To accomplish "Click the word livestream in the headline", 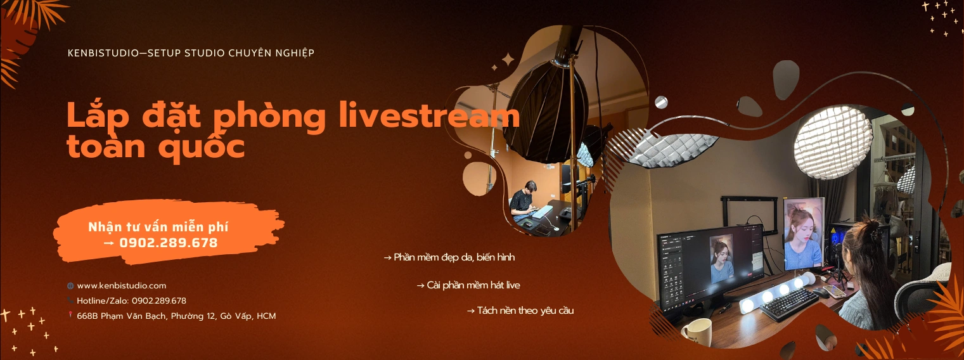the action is (430, 115).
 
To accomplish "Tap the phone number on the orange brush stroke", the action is (168, 243).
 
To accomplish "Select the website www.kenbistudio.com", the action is (121, 286).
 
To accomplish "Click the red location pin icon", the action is (70, 315).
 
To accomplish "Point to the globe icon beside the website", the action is (70, 286).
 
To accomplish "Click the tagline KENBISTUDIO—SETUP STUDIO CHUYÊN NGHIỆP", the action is (191, 53).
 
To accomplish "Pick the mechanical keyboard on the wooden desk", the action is (790, 304).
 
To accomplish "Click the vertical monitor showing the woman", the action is (803, 234).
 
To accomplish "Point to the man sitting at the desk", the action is (524, 202).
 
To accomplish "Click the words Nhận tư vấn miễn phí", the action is (158, 227).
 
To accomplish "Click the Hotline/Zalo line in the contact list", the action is (132, 300).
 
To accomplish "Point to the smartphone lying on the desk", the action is (834, 291).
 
